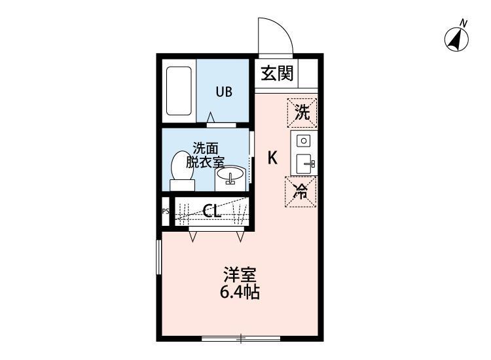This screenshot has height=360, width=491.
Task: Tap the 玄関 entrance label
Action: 277,73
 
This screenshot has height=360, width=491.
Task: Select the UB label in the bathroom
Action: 224,92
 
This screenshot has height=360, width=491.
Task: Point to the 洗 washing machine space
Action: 301,112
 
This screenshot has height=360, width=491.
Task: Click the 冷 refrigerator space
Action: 301,192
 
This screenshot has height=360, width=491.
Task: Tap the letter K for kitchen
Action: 272,158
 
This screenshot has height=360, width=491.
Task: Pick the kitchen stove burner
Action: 302,140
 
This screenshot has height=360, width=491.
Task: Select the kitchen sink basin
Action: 304,164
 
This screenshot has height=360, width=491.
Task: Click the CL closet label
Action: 211,211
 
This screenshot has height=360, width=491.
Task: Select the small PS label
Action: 165,211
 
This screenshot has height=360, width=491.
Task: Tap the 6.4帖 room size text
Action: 240,293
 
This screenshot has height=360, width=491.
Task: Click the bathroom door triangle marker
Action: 211,118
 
